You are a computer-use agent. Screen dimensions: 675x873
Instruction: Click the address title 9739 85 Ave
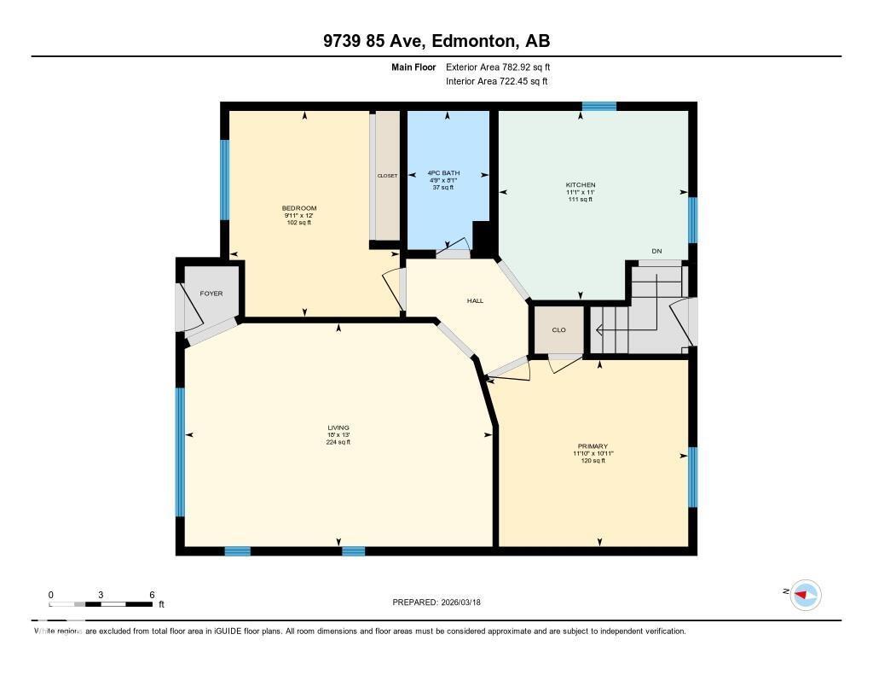click(436, 41)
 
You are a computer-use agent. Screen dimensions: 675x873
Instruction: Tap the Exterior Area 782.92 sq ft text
click(504, 67)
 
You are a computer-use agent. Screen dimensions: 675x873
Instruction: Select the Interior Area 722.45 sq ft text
click(496, 82)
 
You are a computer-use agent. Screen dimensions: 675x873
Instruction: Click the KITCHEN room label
click(581, 185)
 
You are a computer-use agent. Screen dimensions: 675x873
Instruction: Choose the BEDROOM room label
click(299, 208)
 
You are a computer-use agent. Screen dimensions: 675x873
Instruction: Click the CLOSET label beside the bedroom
click(387, 176)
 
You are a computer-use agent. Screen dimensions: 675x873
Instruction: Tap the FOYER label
click(211, 294)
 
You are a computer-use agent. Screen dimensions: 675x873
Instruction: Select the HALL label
click(475, 300)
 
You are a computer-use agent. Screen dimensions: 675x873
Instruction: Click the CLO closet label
click(558, 330)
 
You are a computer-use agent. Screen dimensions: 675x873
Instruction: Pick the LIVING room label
click(338, 428)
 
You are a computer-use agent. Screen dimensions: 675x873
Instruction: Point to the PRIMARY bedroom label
click(593, 446)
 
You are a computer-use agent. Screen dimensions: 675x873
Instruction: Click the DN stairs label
click(656, 251)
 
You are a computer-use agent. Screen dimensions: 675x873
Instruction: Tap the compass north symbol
click(805, 594)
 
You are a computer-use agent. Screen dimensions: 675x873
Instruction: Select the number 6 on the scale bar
click(152, 595)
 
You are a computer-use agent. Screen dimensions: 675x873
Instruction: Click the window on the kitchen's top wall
click(598, 106)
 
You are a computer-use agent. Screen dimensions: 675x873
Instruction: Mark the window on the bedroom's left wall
click(225, 180)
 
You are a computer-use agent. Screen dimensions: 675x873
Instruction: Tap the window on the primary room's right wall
click(692, 465)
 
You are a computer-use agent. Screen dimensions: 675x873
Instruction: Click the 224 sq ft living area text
click(338, 442)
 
